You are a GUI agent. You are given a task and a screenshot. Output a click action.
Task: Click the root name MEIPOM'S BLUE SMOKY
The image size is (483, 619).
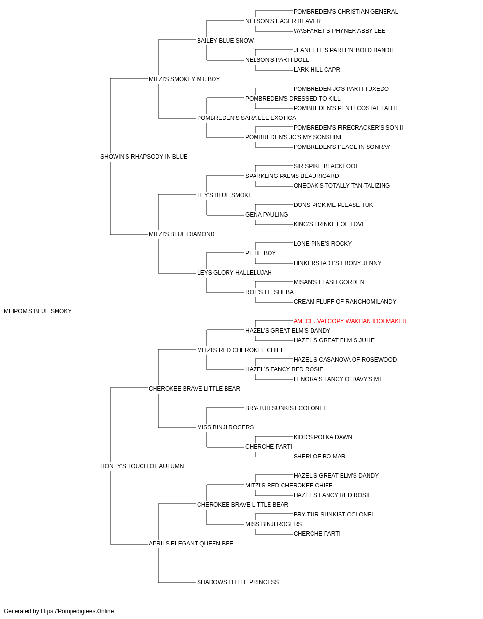point(38,311)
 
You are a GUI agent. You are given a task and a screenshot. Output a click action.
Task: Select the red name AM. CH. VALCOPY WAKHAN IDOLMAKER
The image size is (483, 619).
point(350,321)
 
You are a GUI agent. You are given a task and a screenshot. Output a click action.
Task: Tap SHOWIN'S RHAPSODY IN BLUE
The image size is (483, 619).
point(143,157)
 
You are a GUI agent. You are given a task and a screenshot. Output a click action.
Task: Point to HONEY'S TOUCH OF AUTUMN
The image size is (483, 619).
point(142,466)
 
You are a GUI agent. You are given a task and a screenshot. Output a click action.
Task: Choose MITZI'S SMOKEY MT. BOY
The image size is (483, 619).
point(184,79)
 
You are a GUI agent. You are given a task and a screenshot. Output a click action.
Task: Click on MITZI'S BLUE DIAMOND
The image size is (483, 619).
point(182,234)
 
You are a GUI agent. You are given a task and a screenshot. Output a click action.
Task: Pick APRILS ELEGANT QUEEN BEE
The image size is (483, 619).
point(191,544)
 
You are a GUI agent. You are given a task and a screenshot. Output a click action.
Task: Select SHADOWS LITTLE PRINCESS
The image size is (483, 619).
point(238,582)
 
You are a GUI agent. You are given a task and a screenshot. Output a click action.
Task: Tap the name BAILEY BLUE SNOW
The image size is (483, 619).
point(225,41)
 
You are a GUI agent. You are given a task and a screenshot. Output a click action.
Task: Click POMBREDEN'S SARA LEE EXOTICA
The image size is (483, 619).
point(246,118)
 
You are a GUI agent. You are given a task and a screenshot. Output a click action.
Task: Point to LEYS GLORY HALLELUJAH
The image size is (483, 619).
point(234,273)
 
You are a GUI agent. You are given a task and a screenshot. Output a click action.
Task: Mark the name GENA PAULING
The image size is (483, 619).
point(267,215)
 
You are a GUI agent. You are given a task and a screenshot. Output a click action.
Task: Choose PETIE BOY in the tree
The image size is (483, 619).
point(260,253)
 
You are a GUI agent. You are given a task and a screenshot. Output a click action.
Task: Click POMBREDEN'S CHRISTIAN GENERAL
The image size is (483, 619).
point(346,12)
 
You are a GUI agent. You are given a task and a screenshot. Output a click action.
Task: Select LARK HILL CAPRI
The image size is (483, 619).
point(317,70)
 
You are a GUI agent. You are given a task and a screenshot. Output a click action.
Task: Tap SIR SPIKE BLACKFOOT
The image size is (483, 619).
point(326,166)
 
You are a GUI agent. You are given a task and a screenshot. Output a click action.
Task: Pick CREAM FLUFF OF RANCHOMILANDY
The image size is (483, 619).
point(345,302)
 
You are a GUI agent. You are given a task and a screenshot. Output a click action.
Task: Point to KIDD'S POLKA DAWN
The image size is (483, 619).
point(323,437)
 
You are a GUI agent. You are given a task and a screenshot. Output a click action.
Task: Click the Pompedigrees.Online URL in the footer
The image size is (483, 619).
point(77,611)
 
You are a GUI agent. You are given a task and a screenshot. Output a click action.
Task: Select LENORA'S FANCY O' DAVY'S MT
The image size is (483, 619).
point(338,379)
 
